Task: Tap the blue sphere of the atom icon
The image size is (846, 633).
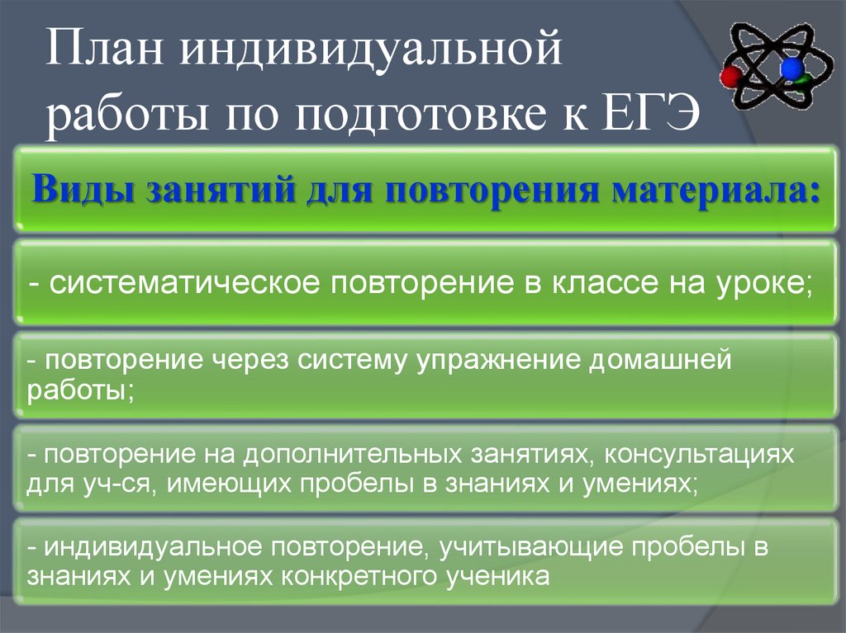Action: (x=793, y=67)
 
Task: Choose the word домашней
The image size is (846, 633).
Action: (x=671, y=362)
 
